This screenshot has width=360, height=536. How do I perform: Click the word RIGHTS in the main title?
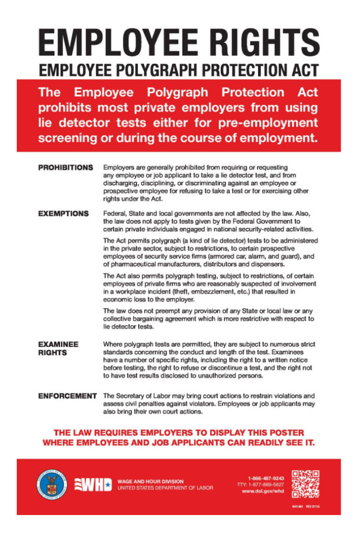point(255,42)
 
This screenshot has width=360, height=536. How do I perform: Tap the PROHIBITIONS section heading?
point(65,167)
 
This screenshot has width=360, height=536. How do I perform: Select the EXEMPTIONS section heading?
point(63,214)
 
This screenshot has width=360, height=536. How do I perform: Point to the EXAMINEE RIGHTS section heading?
point(58,349)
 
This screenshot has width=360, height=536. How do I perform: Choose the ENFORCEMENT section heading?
point(67,396)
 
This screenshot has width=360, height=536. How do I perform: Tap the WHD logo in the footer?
point(94,484)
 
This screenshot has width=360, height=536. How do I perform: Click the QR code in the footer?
point(305,484)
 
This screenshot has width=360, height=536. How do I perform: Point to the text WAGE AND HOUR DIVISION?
point(151,481)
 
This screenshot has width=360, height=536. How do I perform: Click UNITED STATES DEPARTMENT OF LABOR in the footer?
point(165,488)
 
